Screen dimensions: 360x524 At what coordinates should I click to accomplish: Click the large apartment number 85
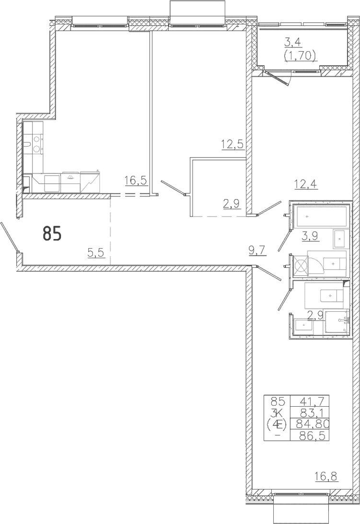tap(52, 233)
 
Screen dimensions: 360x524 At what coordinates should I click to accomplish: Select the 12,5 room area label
tap(232, 145)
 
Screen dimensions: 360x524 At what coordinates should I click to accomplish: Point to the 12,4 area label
tap(306, 183)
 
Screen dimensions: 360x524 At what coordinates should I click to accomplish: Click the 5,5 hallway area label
tap(96, 253)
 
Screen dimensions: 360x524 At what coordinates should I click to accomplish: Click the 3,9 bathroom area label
tap(310, 236)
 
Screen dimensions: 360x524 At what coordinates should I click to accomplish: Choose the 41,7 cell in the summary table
tap(310, 400)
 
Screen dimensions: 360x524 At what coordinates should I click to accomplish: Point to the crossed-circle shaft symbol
tap(300, 266)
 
